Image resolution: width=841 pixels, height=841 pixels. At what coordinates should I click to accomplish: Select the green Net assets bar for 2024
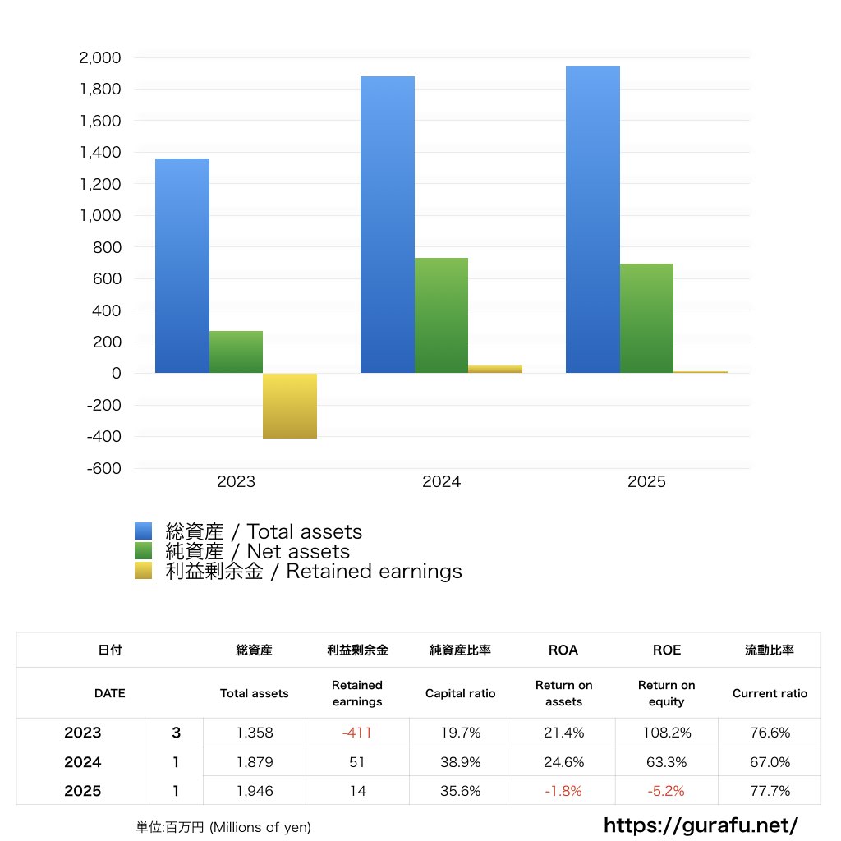[441, 315]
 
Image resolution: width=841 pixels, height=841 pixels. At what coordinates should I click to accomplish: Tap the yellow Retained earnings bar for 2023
[290, 406]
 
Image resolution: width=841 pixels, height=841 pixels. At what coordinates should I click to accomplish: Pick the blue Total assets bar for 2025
[593, 219]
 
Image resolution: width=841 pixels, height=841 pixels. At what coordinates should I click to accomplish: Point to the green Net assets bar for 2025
[646, 318]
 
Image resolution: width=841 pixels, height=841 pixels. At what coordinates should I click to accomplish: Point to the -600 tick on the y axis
[102, 468]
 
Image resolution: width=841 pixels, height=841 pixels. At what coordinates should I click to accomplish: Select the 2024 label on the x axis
[442, 482]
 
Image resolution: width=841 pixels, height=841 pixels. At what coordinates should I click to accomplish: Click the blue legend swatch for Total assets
[144, 531]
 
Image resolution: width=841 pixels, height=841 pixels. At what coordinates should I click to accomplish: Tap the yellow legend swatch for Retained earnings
[144, 571]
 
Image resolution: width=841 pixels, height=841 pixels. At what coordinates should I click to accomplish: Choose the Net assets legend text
[257, 552]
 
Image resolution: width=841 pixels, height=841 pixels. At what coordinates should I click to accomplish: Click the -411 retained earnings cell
[357, 733]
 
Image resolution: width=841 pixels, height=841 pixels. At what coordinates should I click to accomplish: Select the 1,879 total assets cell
[255, 762]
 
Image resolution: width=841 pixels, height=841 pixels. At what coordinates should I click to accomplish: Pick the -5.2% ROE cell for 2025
[666, 791]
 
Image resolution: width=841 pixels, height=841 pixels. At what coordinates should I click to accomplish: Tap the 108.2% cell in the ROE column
[666, 733]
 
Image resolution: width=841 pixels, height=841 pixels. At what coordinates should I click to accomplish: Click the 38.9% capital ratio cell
[460, 762]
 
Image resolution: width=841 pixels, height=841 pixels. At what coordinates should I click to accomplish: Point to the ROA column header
[563, 650]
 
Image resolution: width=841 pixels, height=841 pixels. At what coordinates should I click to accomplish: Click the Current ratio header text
[770, 693]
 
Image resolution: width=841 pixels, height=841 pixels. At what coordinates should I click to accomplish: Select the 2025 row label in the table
[83, 791]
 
